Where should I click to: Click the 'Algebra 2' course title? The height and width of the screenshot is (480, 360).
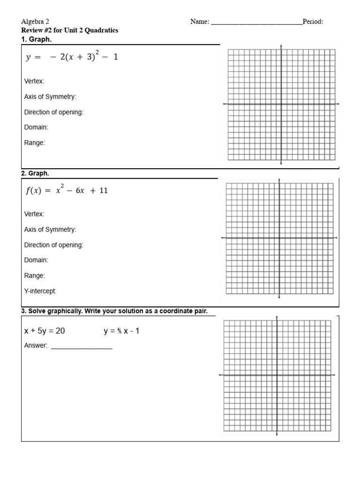point(35,22)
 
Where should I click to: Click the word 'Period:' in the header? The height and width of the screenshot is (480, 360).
point(313,22)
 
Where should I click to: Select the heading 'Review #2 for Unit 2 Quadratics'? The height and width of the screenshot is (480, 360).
point(70,30)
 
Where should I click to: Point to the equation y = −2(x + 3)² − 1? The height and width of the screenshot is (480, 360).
point(72,57)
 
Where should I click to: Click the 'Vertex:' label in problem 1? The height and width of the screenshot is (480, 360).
point(34,81)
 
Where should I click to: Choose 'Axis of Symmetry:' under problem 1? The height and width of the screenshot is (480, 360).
point(50,97)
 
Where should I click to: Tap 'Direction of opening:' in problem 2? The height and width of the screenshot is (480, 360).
point(53,245)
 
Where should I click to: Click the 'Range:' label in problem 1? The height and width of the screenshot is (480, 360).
point(34,142)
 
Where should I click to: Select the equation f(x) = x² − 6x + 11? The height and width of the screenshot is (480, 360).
point(66,190)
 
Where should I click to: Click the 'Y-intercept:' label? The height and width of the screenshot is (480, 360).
point(40,291)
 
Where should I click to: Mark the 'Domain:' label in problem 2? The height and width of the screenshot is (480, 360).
point(36,260)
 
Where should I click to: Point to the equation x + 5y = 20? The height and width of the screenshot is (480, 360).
point(45,331)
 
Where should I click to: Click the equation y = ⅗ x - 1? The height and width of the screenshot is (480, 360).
point(121,331)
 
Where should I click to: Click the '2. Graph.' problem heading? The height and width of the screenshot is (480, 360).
point(35,173)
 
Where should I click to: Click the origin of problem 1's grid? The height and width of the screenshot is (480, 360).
point(281,104)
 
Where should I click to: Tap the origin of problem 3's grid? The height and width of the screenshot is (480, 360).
point(277,375)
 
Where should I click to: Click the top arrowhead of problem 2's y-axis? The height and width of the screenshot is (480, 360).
point(279,180)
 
